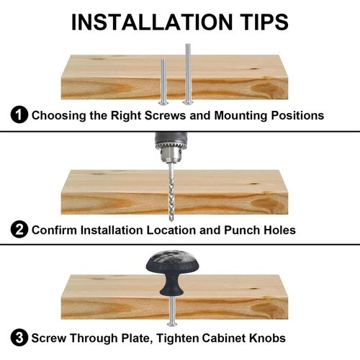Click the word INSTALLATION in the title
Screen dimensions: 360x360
tap(152, 22)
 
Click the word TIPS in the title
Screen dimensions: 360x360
tap(265, 22)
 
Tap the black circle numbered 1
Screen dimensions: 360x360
tap(19, 115)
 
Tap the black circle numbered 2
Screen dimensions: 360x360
tap(19, 230)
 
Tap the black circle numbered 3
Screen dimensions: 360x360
tap(19, 338)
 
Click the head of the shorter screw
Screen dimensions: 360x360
tap(163, 103)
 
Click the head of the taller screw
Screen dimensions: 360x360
tap(188, 102)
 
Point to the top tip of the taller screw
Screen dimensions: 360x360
tap(188, 44)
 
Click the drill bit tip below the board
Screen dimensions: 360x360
tap(171, 220)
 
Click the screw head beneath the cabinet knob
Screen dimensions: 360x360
tap(172, 324)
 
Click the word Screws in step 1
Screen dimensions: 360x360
tap(165, 115)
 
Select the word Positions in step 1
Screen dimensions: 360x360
tap(297, 115)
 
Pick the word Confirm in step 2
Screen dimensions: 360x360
tap(54, 230)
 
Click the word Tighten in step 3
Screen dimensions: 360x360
tap(177, 338)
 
